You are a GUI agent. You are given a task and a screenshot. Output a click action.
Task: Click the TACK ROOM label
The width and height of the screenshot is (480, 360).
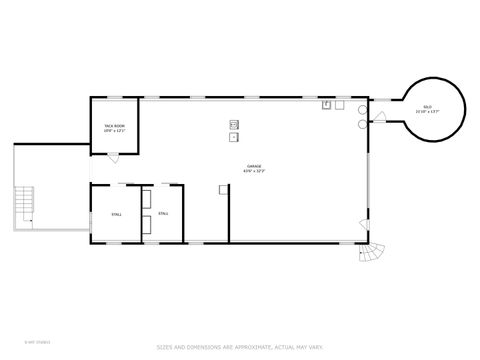pyautogui.click(x=114, y=126)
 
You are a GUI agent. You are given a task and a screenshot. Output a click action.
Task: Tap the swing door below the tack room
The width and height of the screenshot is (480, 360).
pyautogui.click(x=113, y=155)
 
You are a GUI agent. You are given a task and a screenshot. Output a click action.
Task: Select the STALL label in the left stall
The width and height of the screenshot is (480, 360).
pyautogui.click(x=116, y=213)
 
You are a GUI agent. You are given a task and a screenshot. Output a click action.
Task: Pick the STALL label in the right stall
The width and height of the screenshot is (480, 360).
pyautogui.click(x=163, y=213)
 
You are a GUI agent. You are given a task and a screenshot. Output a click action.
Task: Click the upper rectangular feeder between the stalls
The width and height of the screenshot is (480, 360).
pyautogui.click(x=146, y=197)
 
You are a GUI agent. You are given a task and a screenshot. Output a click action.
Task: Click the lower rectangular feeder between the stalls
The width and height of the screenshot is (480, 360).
pyautogui.click(x=146, y=226)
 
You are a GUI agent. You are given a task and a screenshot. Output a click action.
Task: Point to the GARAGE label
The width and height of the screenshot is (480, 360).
pyautogui.click(x=254, y=166)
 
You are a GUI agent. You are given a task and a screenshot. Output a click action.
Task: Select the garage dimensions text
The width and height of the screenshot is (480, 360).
pyautogui.click(x=254, y=171)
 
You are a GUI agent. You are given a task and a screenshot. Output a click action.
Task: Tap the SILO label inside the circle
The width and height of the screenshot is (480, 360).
pyautogui.click(x=427, y=107)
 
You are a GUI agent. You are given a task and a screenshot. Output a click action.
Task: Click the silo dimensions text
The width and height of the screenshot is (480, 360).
pyautogui.click(x=427, y=112)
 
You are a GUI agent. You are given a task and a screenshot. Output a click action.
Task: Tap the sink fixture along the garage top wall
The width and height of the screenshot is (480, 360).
pyautogui.click(x=327, y=105)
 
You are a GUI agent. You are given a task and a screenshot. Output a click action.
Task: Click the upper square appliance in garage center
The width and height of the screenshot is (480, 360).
pyautogui.click(x=235, y=125)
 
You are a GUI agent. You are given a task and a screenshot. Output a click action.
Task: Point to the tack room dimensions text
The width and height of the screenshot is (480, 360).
pyautogui.click(x=114, y=131)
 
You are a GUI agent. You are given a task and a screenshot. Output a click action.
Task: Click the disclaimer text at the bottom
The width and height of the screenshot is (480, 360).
pyautogui.click(x=239, y=348)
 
